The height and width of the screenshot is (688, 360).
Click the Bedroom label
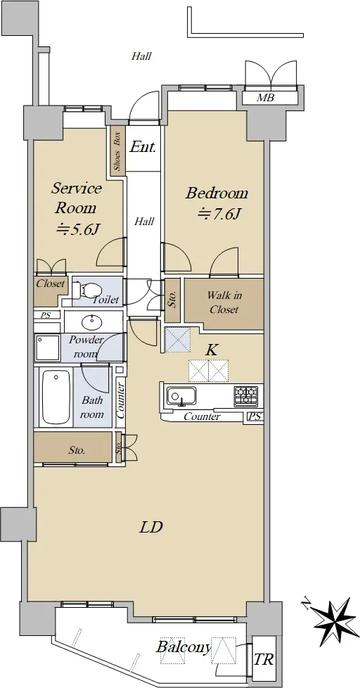(217, 193)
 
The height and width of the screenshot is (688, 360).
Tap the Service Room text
(77, 198)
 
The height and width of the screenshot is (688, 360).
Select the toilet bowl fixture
(89, 289)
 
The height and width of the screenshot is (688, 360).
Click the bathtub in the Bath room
(56, 397)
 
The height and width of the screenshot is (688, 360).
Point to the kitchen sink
(181, 397)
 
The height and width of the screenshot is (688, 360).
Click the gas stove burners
(245, 396)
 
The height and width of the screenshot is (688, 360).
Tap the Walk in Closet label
(224, 302)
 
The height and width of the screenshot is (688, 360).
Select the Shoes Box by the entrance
(117, 151)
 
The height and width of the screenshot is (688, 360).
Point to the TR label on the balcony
(264, 659)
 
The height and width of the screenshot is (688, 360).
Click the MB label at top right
(265, 98)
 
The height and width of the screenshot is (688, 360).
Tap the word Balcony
(184, 647)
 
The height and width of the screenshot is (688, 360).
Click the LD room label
(151, 526)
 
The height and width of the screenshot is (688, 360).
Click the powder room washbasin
(92, 321)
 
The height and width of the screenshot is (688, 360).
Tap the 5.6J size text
(77, 229)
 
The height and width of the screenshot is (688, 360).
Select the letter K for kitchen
(212, 350)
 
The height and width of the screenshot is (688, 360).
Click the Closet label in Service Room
(50, 284)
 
